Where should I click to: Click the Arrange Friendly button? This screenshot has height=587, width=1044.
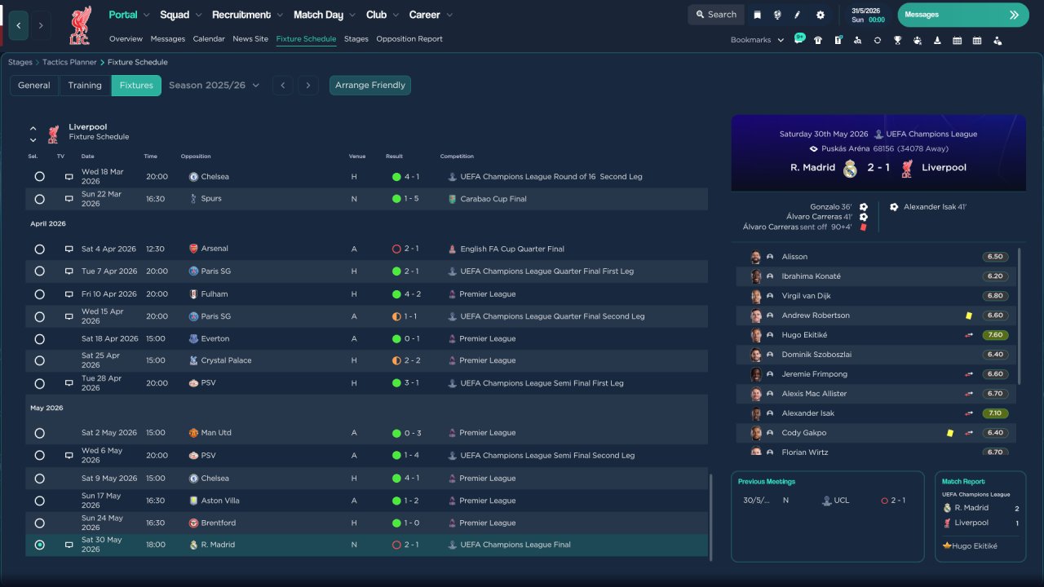[x=370, y=86]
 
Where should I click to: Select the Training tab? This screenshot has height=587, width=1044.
[x=85, y=86]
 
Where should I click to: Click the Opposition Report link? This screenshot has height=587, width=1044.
[x=409, y=39]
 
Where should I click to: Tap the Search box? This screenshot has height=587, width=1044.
[x=716, y=15]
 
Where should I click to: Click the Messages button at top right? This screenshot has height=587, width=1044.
[x=963, y=15]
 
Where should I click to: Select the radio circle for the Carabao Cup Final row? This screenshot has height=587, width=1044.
[x=40, y=199]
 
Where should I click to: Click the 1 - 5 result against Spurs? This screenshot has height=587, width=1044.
[x=411, y=198]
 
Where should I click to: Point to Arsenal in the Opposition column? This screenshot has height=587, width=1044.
[x=215, y=249]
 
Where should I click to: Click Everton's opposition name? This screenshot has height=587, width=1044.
[x=215, y=338]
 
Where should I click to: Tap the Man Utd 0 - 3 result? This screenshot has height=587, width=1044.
[x=413, y=433]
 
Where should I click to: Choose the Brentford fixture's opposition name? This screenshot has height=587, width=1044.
[x=218, y=523]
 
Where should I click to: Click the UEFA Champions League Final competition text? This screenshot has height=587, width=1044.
[x=515, y=545]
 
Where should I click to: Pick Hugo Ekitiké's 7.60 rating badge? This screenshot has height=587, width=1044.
[x=995, y=335]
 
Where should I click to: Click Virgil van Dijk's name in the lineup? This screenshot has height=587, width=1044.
[x=806, y=296]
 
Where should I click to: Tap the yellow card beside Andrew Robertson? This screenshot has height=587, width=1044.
[x=969, y=316]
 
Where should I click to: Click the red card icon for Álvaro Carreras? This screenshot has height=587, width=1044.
[x=864, y=227]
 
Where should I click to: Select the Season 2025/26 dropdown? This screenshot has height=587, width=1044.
[x=214, y=86]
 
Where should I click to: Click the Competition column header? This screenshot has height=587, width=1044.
[x=457, y=156]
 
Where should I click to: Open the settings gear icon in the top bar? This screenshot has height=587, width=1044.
[x=821, y=15]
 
